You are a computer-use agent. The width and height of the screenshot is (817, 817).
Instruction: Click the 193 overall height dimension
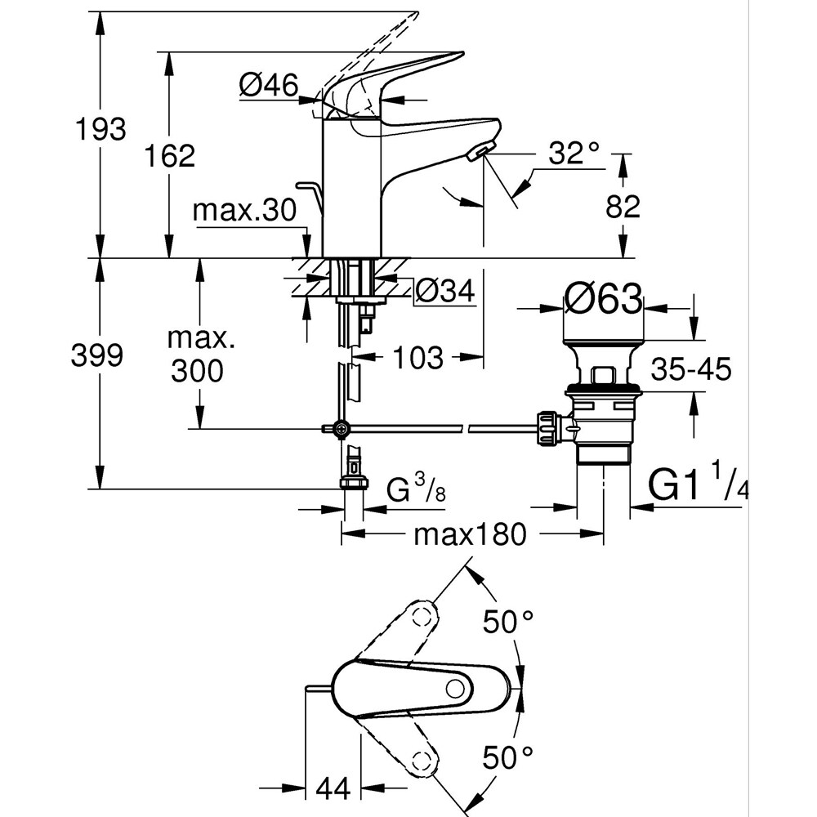coord(100,130)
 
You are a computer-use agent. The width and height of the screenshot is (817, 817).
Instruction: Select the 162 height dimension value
coord(169,155)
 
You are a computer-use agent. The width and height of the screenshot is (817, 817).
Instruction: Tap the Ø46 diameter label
coord(269,85)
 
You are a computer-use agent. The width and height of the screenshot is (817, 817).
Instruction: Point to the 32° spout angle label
coord(574,153)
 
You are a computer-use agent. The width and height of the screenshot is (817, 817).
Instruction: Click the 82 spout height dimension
coord(623,207)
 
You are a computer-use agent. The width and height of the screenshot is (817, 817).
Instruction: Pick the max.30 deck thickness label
coord(243,211)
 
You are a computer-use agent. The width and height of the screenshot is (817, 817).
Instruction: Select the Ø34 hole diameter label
coord(445,290)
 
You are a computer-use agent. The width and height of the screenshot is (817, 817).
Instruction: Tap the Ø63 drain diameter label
coord(603,300)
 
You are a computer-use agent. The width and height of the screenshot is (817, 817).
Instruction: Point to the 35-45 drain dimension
coord(691,370)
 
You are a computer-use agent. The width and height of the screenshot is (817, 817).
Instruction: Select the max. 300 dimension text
coord(197,355)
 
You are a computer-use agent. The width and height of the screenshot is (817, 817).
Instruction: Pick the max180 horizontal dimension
coord(471,536)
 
